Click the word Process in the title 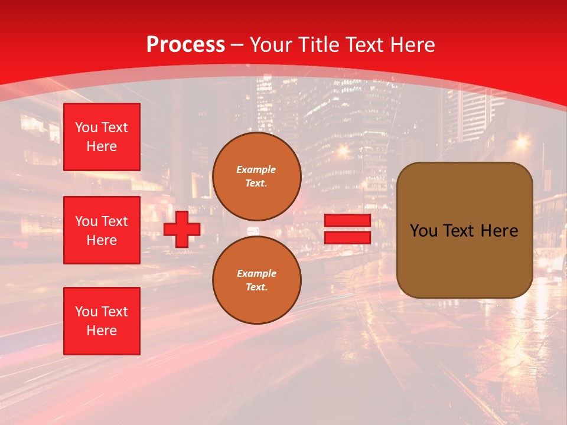(185, 45)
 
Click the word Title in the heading (318, 45)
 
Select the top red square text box (102, 137)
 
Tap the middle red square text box (102, 230)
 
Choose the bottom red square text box (102, 321)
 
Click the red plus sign (182, 230)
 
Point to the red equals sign (347, 230)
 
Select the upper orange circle (257, 176)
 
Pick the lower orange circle (257, 280)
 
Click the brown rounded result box (464, 230)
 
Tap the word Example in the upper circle (256, 169)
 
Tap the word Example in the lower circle (256, 273)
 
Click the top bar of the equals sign (347, 221)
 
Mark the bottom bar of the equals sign (347, 238)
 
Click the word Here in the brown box (499, 231)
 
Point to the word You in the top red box (86, 127)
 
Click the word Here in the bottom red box (102, 331)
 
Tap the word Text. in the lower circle (256, 287)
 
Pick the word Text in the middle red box (114, 221)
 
